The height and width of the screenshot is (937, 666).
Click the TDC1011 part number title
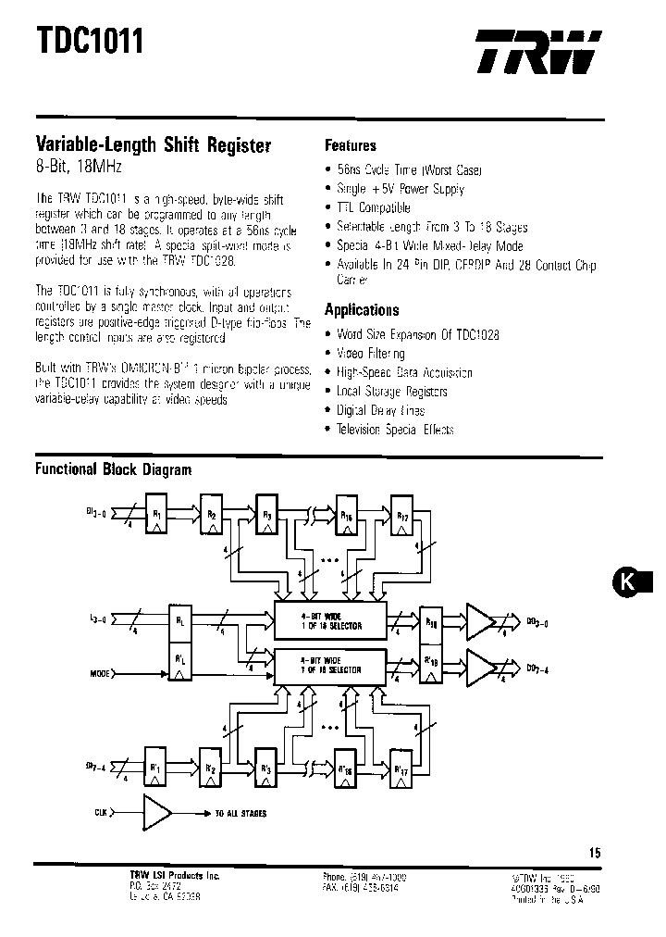point(91,43)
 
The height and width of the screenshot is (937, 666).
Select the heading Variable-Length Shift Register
point(153,145)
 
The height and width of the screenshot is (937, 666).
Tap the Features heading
point(351,145)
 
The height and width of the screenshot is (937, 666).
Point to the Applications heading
point(362,310)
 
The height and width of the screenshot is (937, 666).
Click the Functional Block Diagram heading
point(113,469)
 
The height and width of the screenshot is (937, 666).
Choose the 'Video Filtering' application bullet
point(370,353)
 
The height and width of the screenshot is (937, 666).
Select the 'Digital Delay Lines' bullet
point(380,410)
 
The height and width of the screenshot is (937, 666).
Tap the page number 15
point(594,853)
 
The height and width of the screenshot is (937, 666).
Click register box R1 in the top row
point(158,517)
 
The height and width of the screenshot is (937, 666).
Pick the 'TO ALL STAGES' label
point(240,813)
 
